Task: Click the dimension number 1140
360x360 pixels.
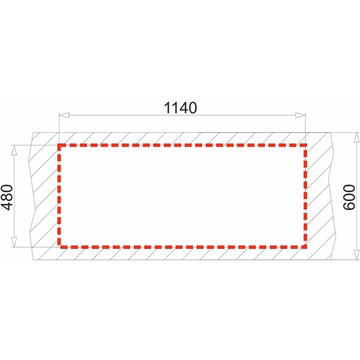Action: click(x=181, y=107)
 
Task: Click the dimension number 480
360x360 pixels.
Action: click(x=7, y=197)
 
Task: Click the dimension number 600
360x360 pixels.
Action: click(x=349, y=197)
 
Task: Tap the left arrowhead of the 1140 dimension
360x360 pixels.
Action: click(x=64, y=115)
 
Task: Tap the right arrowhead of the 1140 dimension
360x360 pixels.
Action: click(x=301, y=115)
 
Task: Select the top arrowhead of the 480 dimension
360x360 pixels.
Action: click(x=14, y=150)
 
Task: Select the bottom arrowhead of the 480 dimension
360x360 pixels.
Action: click(x=14, y=242)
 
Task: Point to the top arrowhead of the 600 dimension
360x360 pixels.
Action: click(x=356, y=138)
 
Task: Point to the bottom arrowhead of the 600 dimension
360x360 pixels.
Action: click(x=356, y=254)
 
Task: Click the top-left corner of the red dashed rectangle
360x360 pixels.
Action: click(x=59, y=145)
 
